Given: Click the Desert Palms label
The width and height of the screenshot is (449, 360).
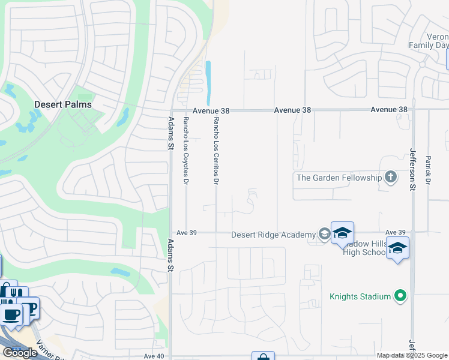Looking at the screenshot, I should [x=63, y=104].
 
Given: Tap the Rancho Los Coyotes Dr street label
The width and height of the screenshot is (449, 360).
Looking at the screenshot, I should [x=186, y=150].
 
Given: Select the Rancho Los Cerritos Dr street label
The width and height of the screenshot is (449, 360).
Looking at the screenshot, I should [x=216, y=150].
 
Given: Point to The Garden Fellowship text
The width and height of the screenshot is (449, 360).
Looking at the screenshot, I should [x=339, y=178].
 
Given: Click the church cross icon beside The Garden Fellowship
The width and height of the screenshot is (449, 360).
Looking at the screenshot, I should [x=391, y=177].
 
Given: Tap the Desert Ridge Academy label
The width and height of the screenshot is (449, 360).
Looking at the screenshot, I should [x=273, y=235].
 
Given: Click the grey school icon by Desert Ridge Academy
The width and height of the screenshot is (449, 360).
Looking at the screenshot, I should [x=324, y=234].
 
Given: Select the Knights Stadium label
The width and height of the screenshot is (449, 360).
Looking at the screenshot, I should [x=360, y=296].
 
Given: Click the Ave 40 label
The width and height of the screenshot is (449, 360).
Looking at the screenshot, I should [x=153, y=356].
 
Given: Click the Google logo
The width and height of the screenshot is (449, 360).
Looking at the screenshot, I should [x=20, y=353].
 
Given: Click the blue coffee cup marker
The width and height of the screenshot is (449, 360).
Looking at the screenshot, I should [x=11, y=314].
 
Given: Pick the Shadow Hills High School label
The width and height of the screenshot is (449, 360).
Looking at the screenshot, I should [x=364, y=247].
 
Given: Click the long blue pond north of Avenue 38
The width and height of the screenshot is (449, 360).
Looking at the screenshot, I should [x=208, y=83].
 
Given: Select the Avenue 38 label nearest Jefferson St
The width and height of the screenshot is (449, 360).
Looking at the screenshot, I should [x=389, y=110].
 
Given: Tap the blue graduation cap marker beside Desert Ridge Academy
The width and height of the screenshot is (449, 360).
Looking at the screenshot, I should [x=342, y=233].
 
